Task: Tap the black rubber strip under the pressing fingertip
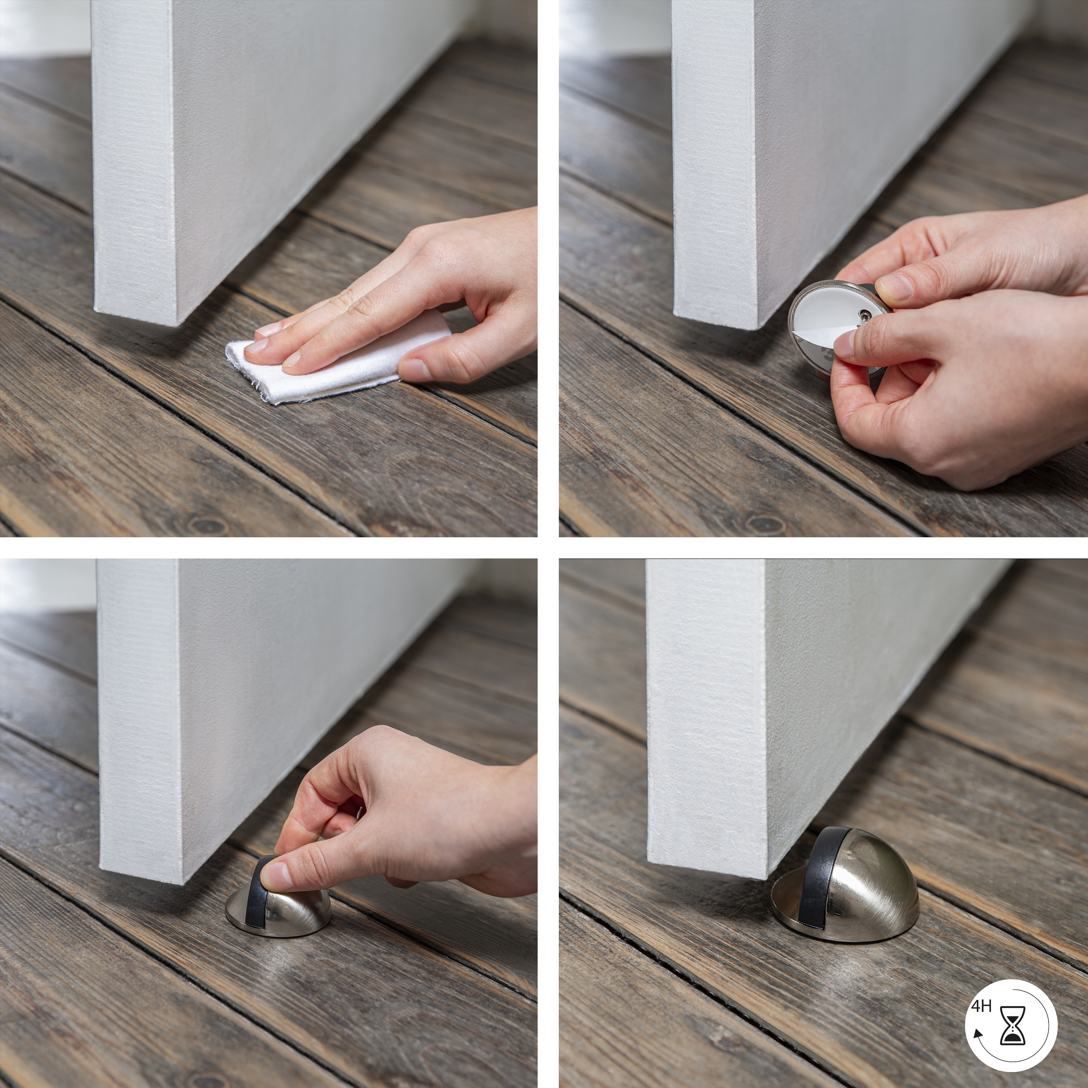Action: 256,898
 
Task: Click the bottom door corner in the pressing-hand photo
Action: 183,883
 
